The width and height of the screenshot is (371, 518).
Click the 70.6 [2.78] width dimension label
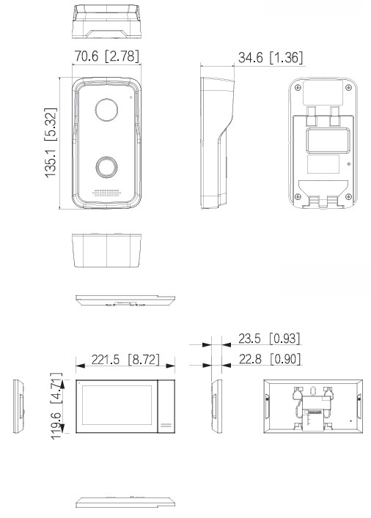click(107, 56)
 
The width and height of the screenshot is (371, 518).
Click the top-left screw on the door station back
click(297, 87)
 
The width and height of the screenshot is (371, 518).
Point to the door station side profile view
click(217, 143)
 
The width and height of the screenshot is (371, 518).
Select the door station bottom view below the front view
click(107, 251)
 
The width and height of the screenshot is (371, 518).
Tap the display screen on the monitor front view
click(117, 407)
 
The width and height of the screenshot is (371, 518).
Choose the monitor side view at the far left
click(19, 407)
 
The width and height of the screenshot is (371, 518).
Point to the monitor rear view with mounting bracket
click(312, 407)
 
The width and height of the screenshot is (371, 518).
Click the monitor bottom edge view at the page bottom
click(125, 503)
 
